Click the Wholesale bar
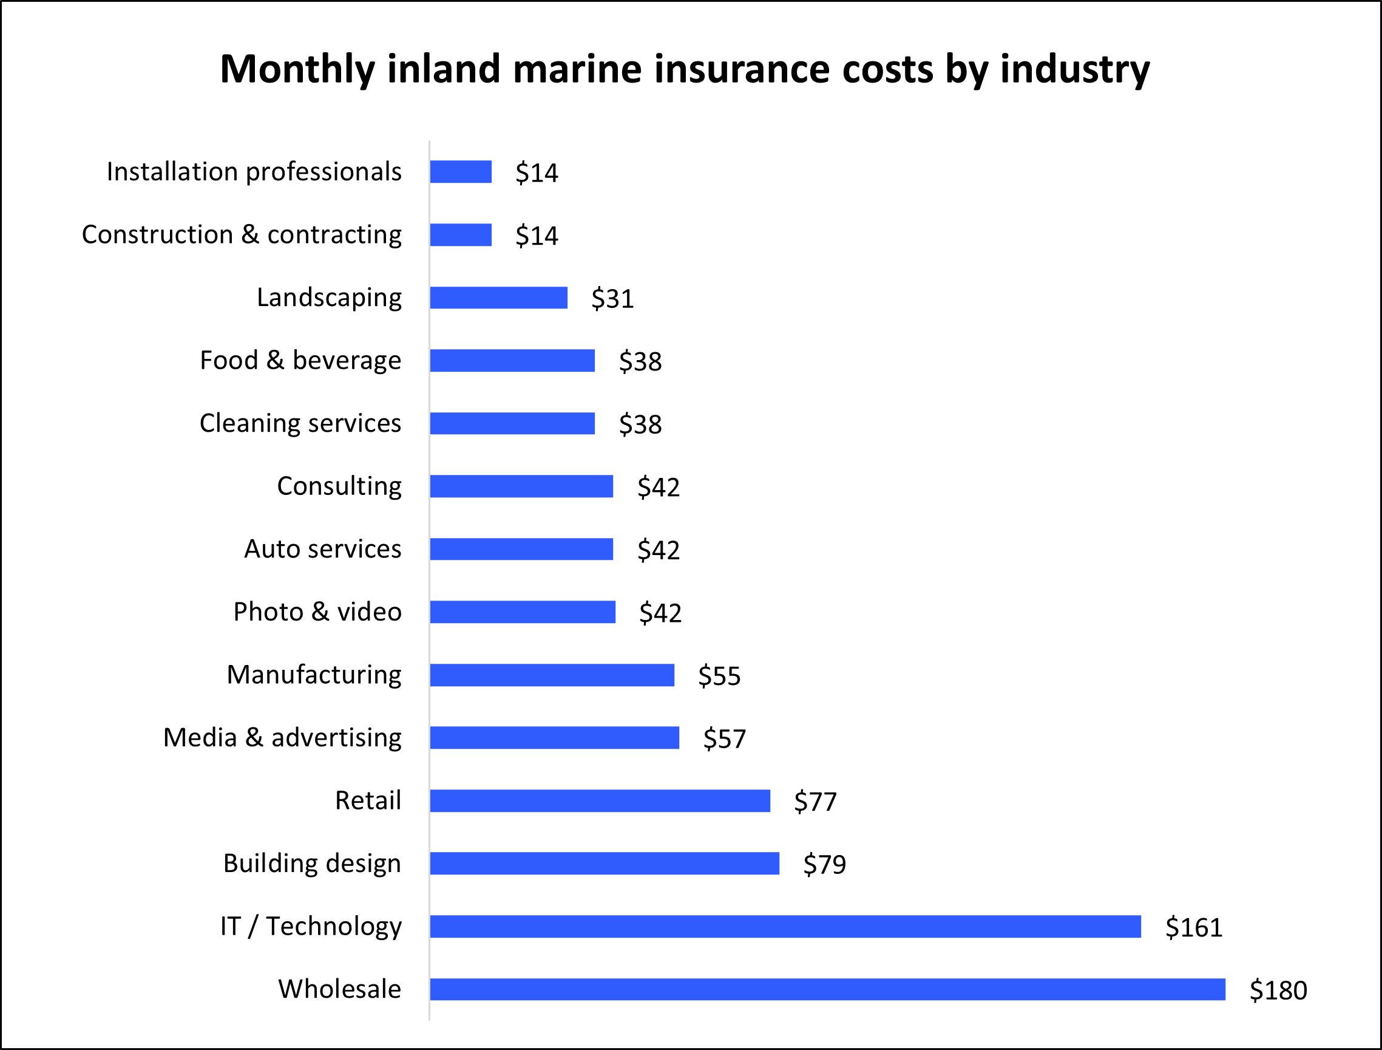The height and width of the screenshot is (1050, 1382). pyautogui.click(x=827, y=989)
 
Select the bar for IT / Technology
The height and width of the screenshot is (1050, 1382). pyautogui.click(x=785, y=926)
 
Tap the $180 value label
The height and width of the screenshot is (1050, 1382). pyautogui.click(x=1278, y=990)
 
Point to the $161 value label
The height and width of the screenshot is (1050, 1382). pyautogui.click(x=1193, y=927)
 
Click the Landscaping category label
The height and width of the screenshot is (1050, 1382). pyautogui.click(x=328, y=298)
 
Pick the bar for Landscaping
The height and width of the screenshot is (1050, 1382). pyautogui.click(x=498, y=298)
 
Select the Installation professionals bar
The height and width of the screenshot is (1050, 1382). pyautogui.click(x=461, y=172)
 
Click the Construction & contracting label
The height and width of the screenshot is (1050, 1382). pyautogui.click(x=242, y=235)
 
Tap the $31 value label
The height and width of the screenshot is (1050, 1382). pyautogui.click(x=612, y=299)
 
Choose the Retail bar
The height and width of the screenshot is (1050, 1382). pyautogui.click(x=600, y=800)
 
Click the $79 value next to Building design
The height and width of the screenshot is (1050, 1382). pyautogui.click(x=824, y=864)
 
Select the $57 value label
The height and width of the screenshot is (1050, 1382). pyautogui.click(x=724, y=738)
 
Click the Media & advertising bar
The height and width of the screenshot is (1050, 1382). pyautogui.click(x=554, y=737)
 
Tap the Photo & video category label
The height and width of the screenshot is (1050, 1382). pyautogui.click(x=317, y=612)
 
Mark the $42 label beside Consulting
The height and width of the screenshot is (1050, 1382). pyautogui.click(x=658, y=487)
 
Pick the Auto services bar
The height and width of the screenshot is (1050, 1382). pyautogui.click(x=521, y=549)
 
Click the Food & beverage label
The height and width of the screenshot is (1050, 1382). pyautogui.click(x=300, y=361)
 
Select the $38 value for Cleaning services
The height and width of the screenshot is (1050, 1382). pyautogui.click(x=640, y=424)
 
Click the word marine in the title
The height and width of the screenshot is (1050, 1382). pyautogui.click(x=577, y=69)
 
